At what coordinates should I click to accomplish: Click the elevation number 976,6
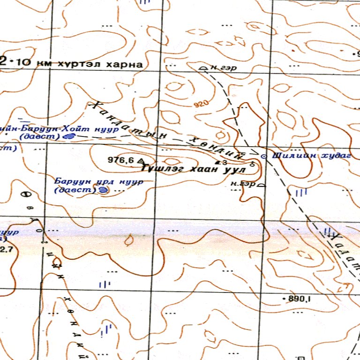pyautogui.click(x=121, y=160)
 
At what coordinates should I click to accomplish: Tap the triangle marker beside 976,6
pyautogui.click(x=140, y=161)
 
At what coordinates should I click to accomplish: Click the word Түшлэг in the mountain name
pyautogui.click(x=163, y=168)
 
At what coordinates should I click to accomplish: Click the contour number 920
pyautogui.click(x=200, y=104)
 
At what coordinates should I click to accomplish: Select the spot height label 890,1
pyautogui.click(x=298, y=298)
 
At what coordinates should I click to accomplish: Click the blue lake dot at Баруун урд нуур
pyautogui.click(x=103, y=190)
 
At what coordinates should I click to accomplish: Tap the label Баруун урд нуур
pyautogui.click(x=91, y=181)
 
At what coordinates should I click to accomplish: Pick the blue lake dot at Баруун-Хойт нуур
pyautogui.click(x=69, y=136)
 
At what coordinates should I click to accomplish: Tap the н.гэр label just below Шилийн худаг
pyautogui.click(x=244, y=184)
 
